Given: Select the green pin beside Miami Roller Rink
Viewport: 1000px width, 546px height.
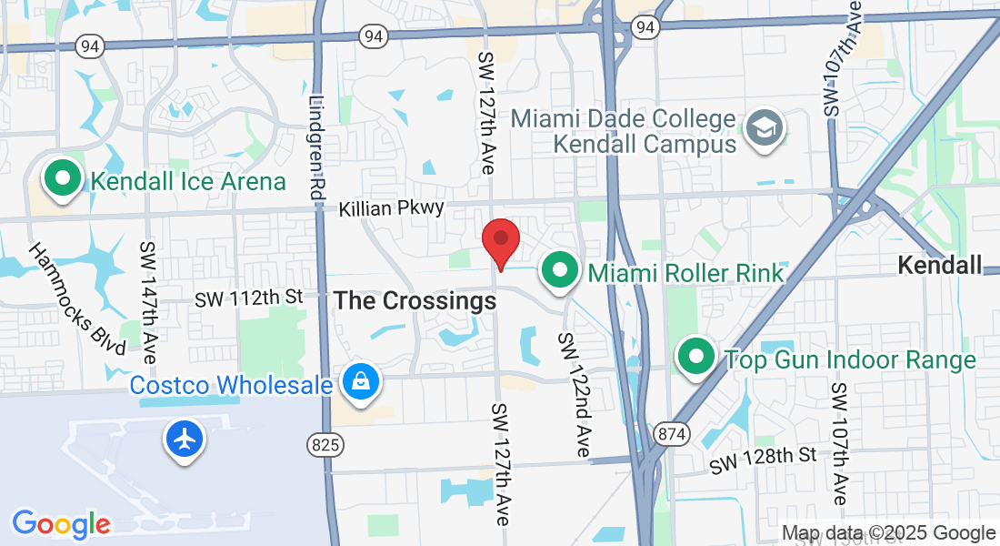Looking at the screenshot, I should (x=560, y=271).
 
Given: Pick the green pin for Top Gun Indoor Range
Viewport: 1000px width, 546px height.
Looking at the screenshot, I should (x=696, y=358).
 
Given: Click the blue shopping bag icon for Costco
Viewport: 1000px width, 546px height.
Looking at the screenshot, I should (x=361, y=383).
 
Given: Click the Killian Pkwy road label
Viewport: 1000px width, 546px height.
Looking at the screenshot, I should (x=392, y=208).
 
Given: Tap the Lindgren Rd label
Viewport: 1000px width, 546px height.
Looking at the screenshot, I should (x=316, y=148).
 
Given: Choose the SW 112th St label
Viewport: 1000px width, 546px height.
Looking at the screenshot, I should (x=249, y=298).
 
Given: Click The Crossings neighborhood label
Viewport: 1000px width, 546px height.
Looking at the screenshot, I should (x=415, y=301).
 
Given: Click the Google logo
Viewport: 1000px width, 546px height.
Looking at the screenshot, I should (x=61, y=523).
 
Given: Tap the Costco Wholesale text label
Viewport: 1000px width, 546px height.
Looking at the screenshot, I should (x=231, y=385).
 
